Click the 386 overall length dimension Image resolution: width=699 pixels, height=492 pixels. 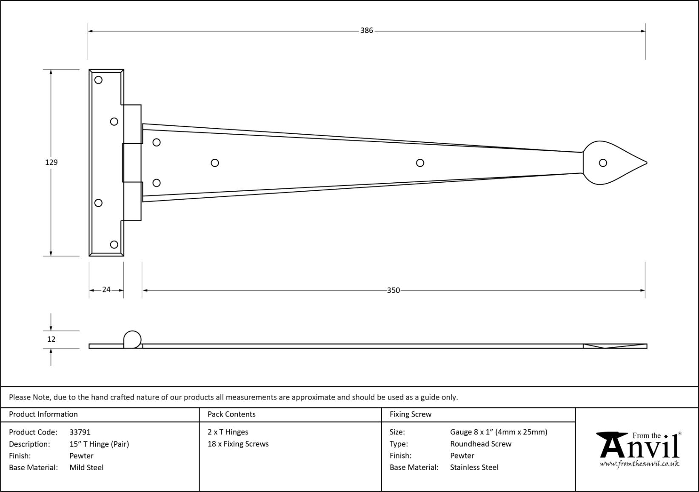(366, 31)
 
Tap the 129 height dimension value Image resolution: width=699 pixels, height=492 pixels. (51, 162)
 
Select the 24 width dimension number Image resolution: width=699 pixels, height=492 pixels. (106, 290)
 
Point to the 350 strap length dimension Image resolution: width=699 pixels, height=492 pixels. (393, 291)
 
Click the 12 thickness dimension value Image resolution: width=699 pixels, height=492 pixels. (51, 340)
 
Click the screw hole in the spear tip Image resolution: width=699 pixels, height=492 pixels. (602, 163)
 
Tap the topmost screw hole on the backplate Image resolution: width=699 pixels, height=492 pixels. (98, 80)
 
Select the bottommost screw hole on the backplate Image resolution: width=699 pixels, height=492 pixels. (114, 245)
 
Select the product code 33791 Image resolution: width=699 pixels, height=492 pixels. (80, 432)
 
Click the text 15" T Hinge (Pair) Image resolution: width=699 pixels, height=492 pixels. (99, 444)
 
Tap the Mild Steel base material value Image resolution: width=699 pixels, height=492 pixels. (86, 467)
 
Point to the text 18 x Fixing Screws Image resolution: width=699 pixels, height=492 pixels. (238, 444)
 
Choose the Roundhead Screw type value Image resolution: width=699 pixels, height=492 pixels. (481, 444)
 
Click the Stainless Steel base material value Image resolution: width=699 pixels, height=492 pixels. (474, 467)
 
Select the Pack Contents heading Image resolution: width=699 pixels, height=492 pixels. (231, 414)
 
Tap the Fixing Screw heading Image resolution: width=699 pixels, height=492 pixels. (411, 414)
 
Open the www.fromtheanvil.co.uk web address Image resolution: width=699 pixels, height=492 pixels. (639, 464)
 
